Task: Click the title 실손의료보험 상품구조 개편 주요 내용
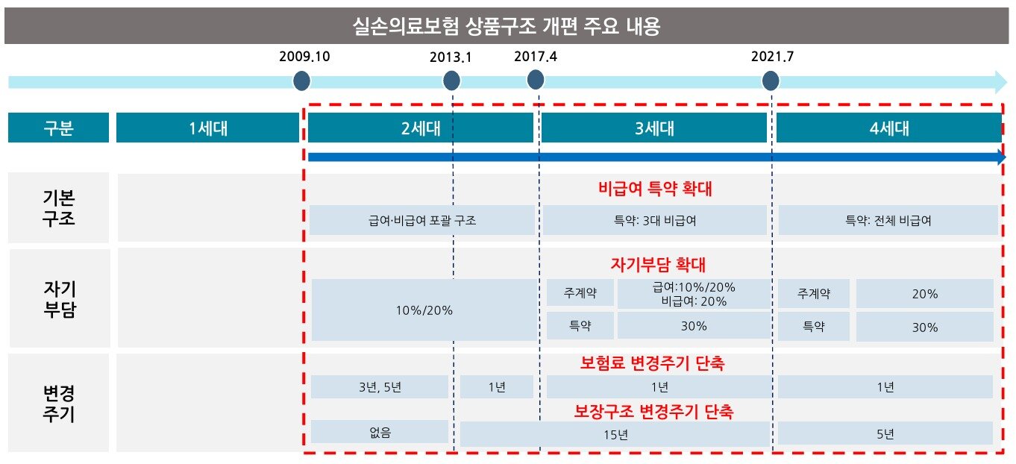tap(507, 27)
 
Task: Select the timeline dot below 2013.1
tap(451, 81)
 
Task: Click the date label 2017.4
tap(536, 56)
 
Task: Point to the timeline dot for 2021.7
tap(771, 81)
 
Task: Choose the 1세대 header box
tap(207, 128)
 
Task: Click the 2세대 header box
tap(420, 128)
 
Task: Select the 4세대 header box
tap(888, 128)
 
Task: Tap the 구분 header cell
tap(58, 128)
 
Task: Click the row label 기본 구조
tap(58, 208)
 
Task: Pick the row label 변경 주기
tap(58, 404)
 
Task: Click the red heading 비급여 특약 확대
tap(655, 189)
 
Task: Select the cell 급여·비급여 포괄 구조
tap(421, 221)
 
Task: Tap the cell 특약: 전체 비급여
tap(888, 221)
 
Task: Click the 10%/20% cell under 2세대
tap(424, 310)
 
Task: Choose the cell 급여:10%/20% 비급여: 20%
tap(693, 294)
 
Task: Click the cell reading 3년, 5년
tap(380, 387)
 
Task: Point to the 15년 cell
tap(614, 434)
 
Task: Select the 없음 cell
tap(380, 432)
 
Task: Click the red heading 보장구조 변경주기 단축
tap(653, 411)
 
